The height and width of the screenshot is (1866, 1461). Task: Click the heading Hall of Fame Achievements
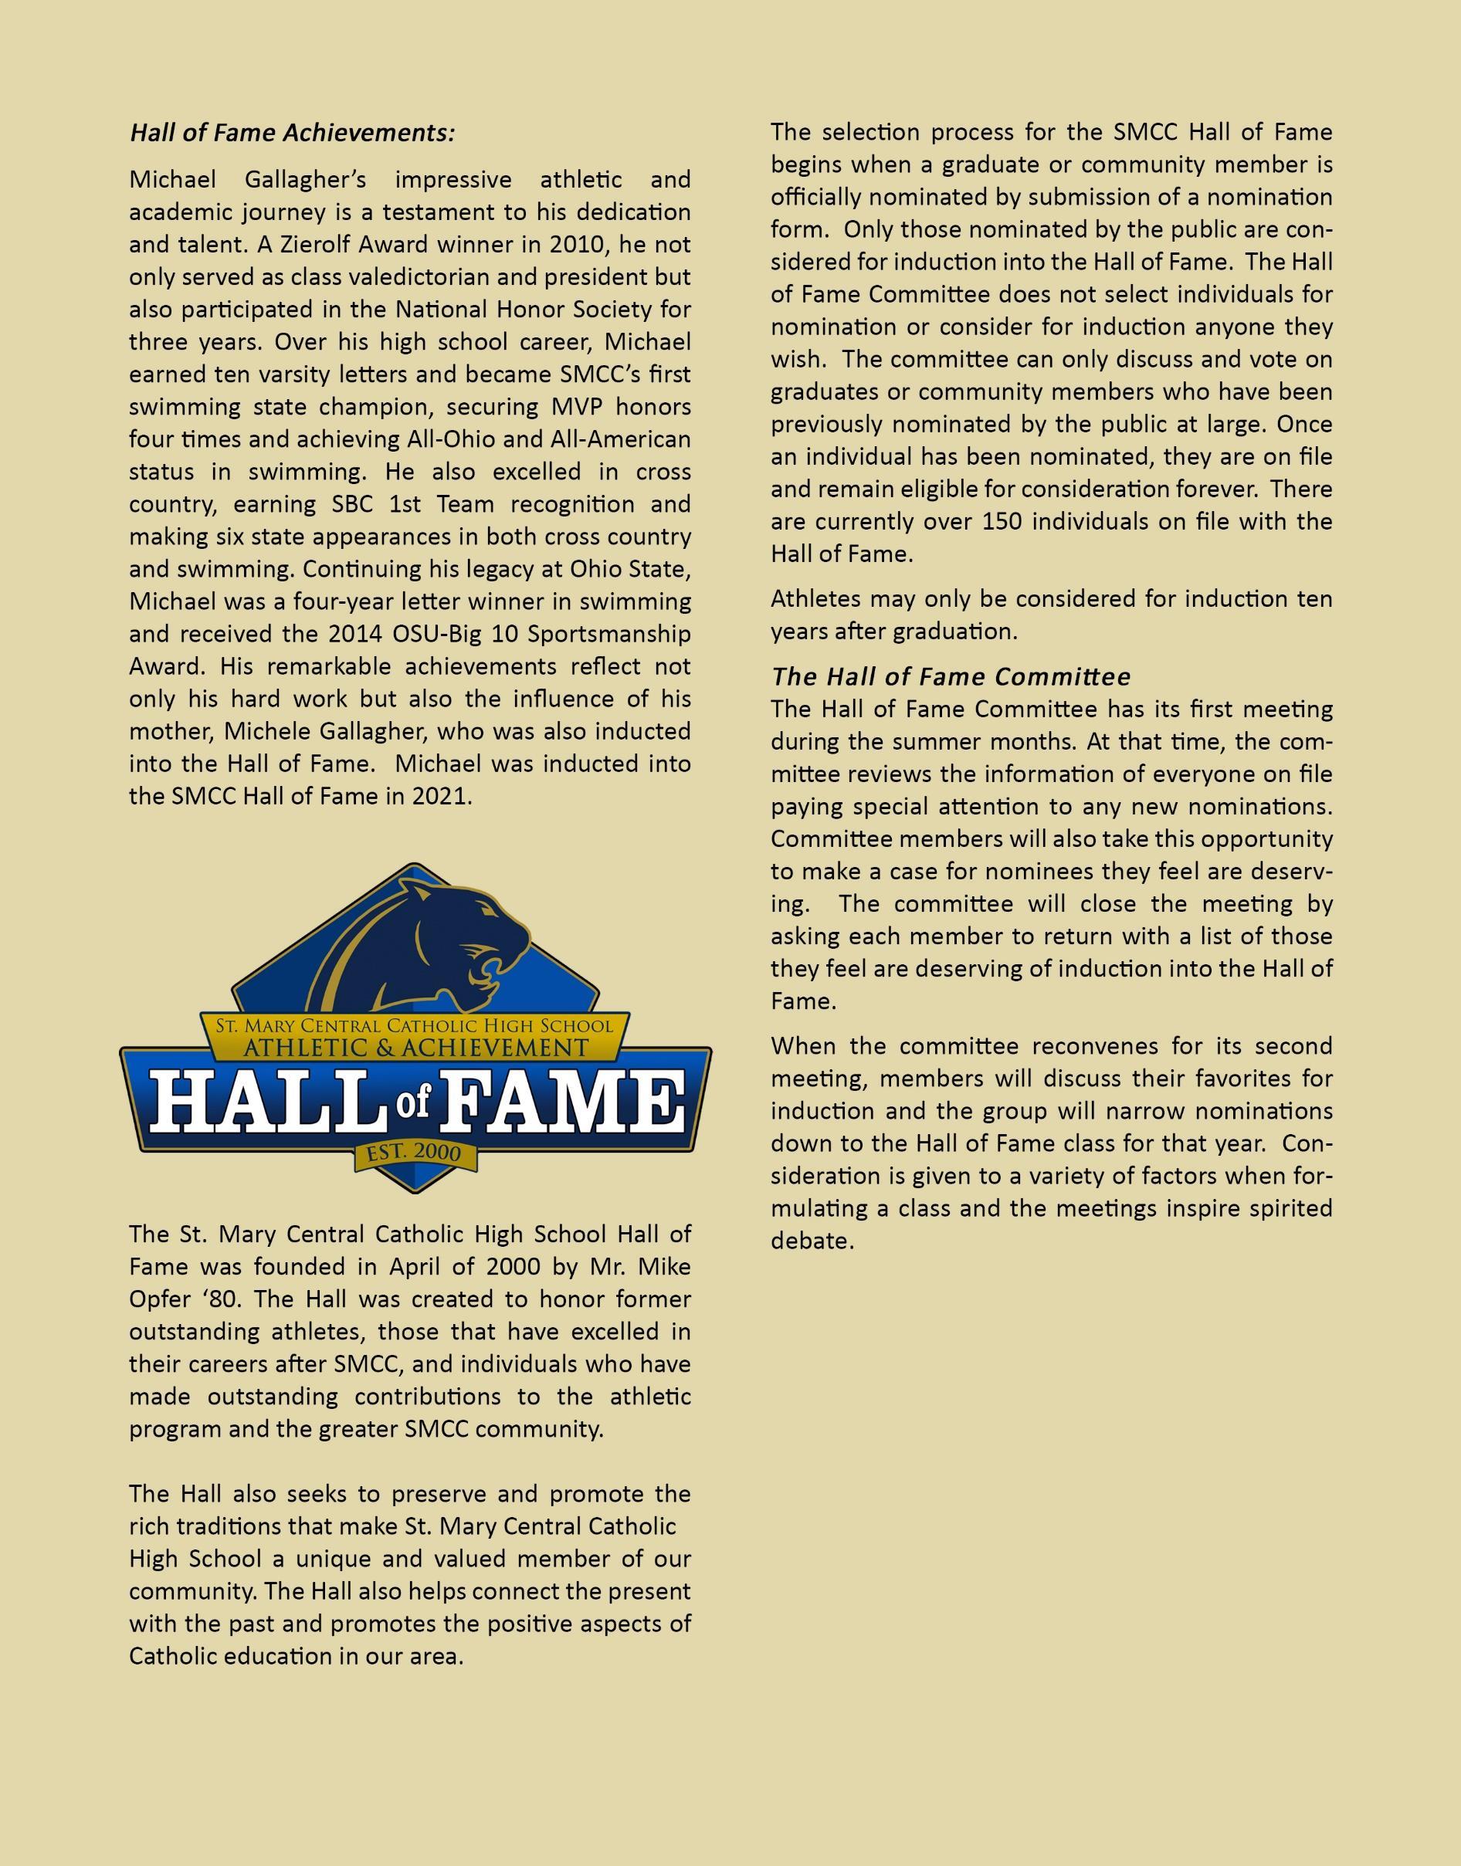click(x=292, y=134)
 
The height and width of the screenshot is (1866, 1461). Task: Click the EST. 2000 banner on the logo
click(x=414, y=1153)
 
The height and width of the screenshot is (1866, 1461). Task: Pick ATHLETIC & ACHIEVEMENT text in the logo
click(x=415, y=1048)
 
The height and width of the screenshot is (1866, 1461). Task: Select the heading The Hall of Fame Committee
click(x=951, y=676)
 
